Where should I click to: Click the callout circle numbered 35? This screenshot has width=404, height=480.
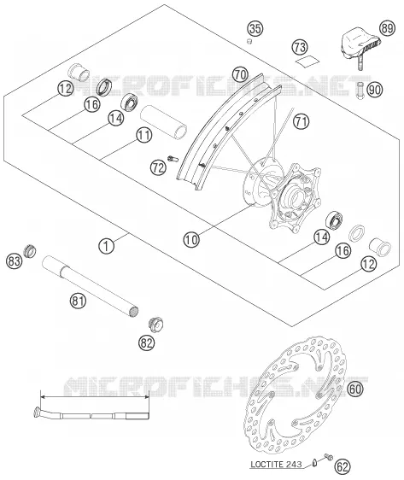click(255, 28)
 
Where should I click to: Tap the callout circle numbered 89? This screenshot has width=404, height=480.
click(387, 28)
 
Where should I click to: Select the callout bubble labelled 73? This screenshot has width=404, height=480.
click(300, 47)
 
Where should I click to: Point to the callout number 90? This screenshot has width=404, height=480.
click(375, 90)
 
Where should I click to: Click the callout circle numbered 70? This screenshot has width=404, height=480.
click(241, 74)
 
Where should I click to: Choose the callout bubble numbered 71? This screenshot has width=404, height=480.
click(302, 121)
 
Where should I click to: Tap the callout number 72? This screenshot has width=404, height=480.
click(158, 167)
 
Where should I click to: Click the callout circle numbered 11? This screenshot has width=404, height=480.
click(144, 135)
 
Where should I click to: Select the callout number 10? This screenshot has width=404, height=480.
click(191, 239)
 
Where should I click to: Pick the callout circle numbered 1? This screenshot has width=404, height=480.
click(106, 245)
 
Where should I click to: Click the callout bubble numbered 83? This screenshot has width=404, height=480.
click(14, 261)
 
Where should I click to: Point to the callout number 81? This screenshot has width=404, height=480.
click(78, 301)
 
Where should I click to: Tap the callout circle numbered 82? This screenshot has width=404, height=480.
click(146, 342)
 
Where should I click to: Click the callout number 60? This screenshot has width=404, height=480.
click(355, 389)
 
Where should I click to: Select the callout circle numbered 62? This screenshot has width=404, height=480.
click(343, 466)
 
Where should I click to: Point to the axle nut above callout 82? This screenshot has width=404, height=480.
click(155, 325)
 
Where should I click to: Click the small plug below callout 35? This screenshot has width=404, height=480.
click(249, 41)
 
